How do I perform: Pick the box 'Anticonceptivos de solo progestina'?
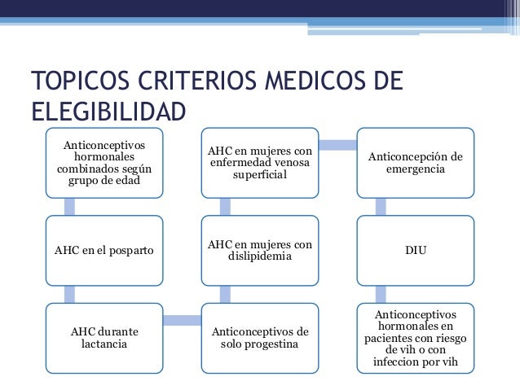259,337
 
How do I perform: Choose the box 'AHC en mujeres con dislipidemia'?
259,250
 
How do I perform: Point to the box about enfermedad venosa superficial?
259,163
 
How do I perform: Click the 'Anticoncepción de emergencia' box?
416,163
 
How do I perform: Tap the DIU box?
416,250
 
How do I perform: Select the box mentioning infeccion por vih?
416,337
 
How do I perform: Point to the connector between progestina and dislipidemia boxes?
224,293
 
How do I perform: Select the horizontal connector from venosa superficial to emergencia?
337,146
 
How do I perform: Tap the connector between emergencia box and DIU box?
380,206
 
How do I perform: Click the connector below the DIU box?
380,293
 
